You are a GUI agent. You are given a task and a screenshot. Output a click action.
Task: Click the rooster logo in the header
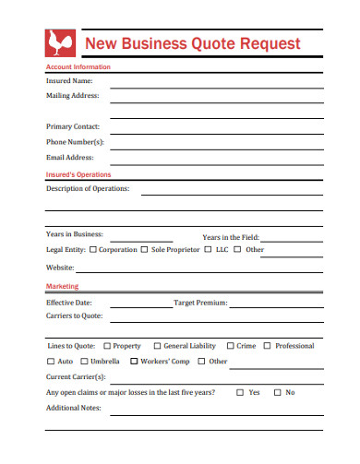tap(59, 43)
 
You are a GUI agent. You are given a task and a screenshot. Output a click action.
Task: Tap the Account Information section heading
tap(78, 67)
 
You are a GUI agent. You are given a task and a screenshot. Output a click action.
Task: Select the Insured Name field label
tap(69, 80)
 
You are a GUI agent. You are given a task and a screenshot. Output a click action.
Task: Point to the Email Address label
tap(71, 158)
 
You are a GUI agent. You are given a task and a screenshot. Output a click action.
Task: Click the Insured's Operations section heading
tap(78, 173)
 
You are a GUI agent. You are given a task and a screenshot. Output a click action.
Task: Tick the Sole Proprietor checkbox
tap(145, 250)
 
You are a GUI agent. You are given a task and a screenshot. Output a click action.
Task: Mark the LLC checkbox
tap(209, 250)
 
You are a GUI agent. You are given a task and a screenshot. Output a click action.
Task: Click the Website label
tap(60, 268)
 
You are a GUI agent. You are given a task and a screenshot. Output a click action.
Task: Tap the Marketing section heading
tap(63, 287)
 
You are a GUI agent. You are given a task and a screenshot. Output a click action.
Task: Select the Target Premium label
tap(200, 302)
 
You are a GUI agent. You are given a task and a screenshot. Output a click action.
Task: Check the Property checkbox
tap(107, 346)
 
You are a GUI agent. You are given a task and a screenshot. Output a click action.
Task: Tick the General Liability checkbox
tap(157, 346)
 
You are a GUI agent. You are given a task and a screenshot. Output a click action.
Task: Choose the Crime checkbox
tap(230, 346)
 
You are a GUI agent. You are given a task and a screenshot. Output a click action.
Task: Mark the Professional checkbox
tap(268, 346)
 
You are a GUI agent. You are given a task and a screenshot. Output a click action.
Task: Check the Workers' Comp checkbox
tap(135, 362)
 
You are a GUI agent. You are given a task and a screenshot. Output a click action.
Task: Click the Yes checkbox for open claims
tap(241, 392)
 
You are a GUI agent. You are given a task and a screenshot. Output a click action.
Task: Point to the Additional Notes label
tap(74, 408)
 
